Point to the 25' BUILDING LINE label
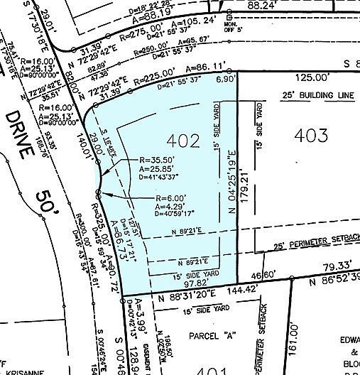298,95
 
